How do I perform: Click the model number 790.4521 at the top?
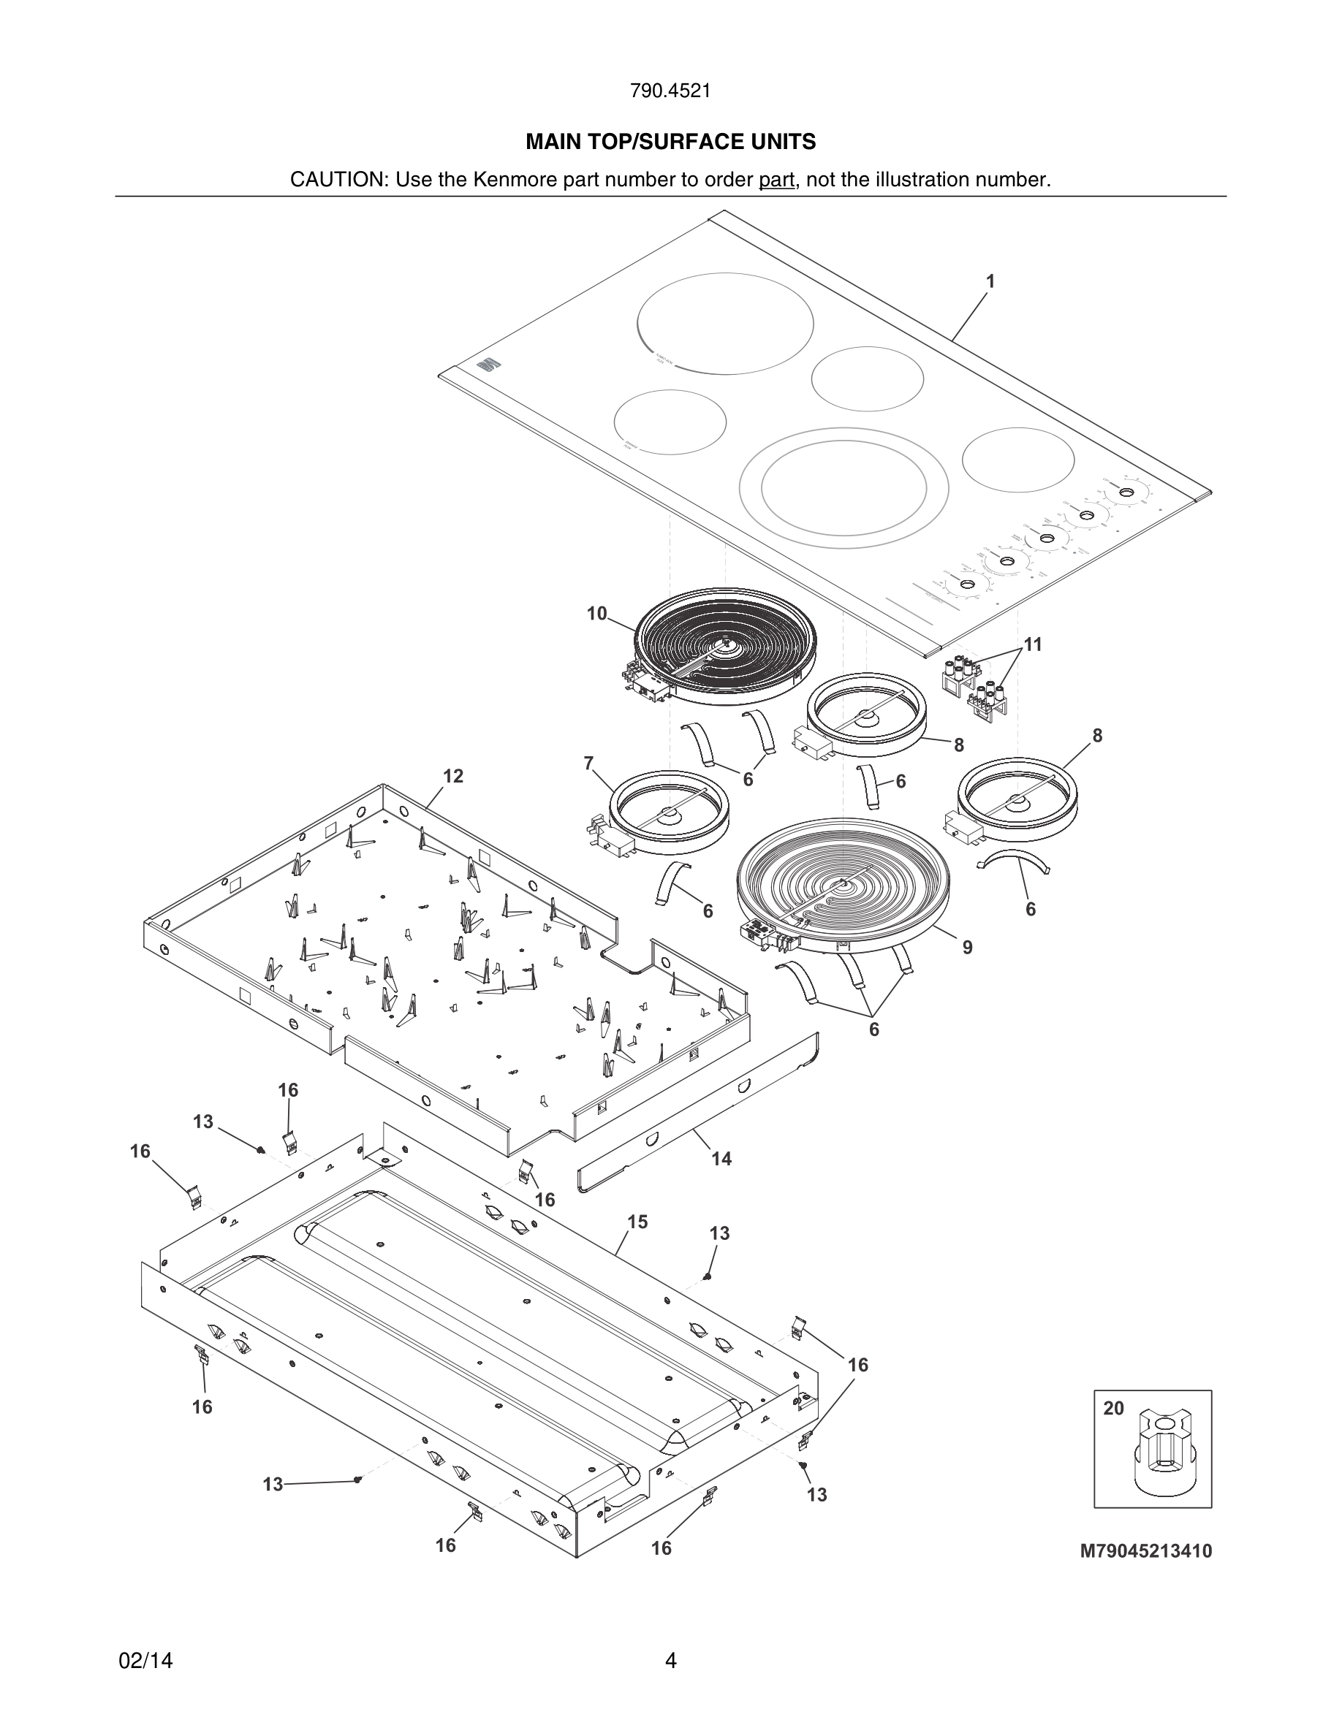[x=670, y=91]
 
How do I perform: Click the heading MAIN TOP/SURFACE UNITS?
[x=670, y=142]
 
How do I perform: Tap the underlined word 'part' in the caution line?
[x=776, y=180]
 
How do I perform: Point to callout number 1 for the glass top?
[x=990, y=281]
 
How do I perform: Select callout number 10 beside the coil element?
[x=596, y=614]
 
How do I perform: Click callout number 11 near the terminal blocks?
[x=1032, y=644]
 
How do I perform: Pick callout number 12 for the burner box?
[x=452, y=777]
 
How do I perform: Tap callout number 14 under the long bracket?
[x=721, y=1159]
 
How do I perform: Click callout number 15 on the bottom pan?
[x=637, y=1222]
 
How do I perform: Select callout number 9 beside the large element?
[x=967, y=948]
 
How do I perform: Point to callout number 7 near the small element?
[x=588, y=764]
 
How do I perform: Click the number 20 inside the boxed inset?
[x=1113, y=1409]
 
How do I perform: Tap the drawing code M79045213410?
[x=1145, y=1551]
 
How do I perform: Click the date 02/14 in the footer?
[x=145, y=1661]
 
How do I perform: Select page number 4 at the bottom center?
[x=670, y=1661]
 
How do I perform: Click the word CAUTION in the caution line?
[x=337, y=180]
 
